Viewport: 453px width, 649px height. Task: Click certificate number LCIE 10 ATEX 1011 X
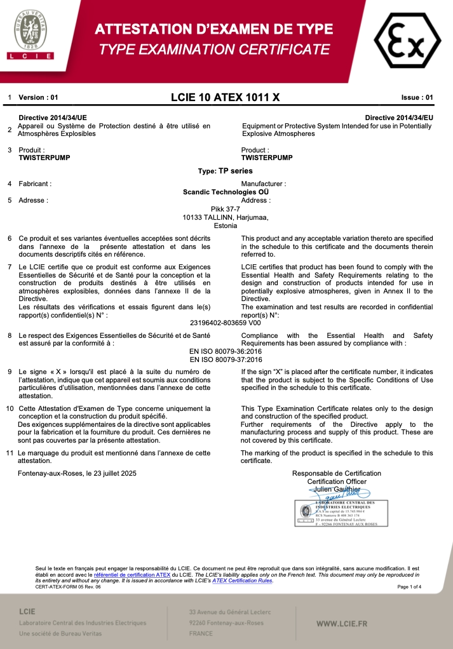[x=225, y=98]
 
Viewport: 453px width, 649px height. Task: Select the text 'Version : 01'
[x=39, y=98]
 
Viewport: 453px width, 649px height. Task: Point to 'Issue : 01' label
[x=417, y=98]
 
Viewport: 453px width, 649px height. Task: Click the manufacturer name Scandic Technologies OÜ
[x=226, y=192]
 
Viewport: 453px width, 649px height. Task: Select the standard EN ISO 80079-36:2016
[x=226, y=351]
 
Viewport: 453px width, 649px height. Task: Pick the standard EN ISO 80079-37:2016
[x=226, y=359]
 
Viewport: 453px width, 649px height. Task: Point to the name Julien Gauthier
[x=336, y=490]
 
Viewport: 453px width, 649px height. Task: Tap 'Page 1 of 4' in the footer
[x=409, y=587]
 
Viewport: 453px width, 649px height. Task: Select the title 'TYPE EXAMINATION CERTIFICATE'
[x=214, y=50]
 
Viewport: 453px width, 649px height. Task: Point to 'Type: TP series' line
[x=226, y=171]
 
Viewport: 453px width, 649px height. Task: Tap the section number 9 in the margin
[x=10, y=371]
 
